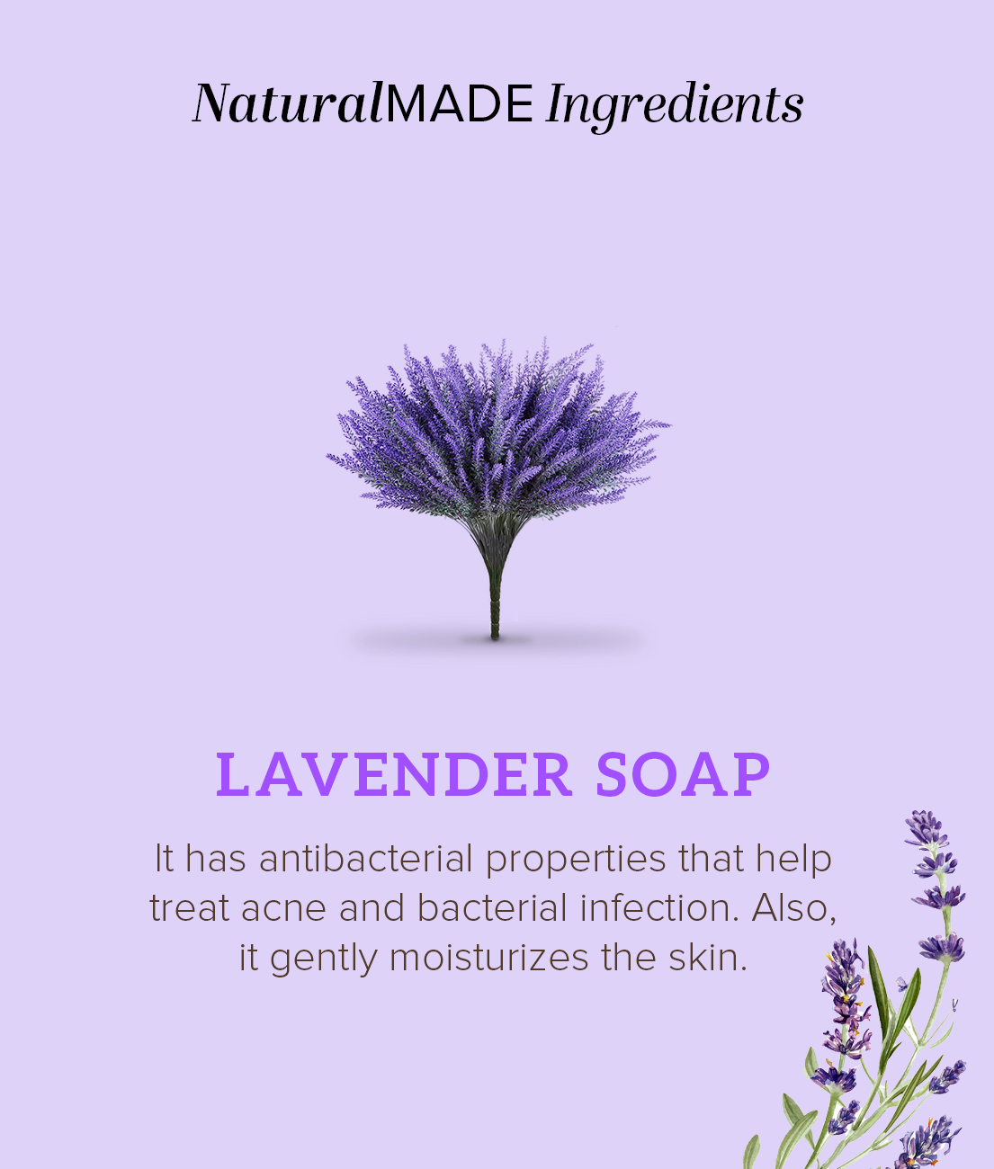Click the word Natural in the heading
tap(288, 103)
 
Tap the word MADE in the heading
tap(460, 103)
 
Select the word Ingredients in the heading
tap(675, 105)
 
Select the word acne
tap(284, 909)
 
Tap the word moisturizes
tap(490, 958)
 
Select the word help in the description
tap(793, 859)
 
